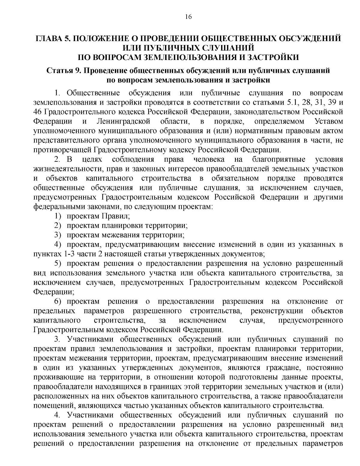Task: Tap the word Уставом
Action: pos(328,121)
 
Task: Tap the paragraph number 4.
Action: pos(58,415)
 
